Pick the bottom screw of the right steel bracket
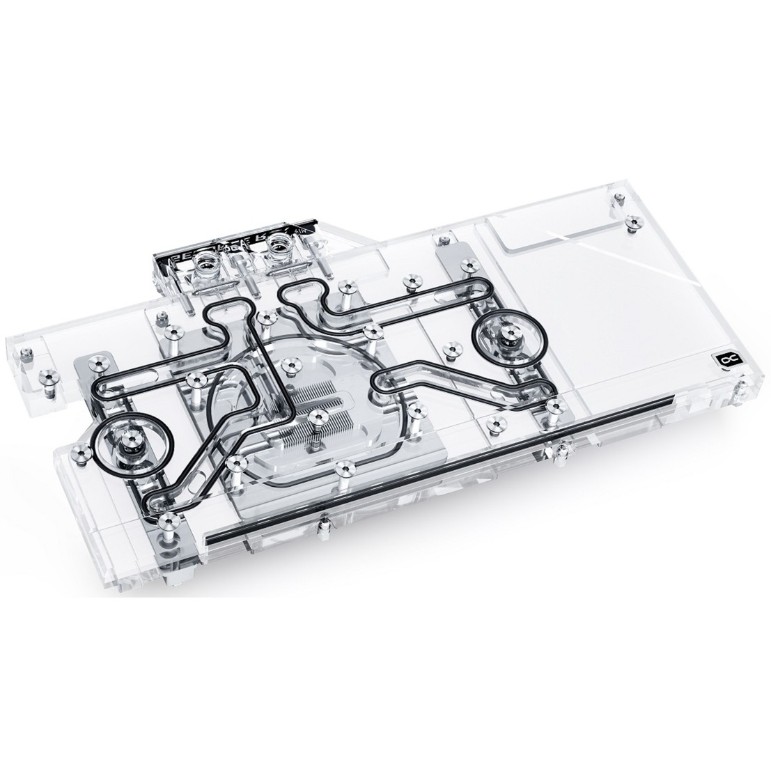pos(554,405)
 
